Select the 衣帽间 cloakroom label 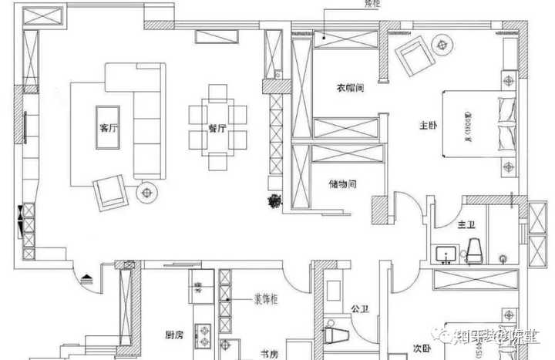[349, 89]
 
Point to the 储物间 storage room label [341, 183]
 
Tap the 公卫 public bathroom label [360, 309]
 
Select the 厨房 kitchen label [174, 335]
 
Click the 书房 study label [268, 354]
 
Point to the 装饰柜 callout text [267, 297]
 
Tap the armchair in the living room [110, 190]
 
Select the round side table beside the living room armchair [146, 192]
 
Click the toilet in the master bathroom [475, 249]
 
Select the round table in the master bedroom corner [442, 45]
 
